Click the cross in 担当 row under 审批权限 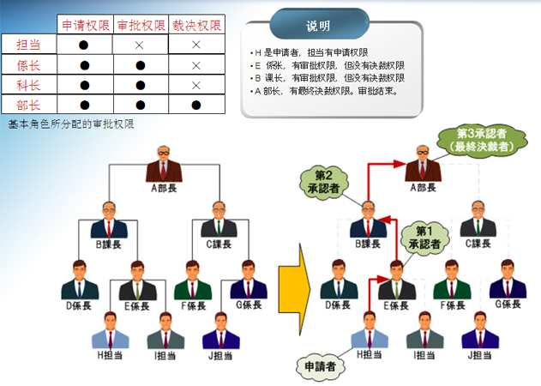140,44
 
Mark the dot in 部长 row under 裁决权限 196,105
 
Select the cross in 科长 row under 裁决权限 196,84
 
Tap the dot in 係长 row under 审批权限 140,64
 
